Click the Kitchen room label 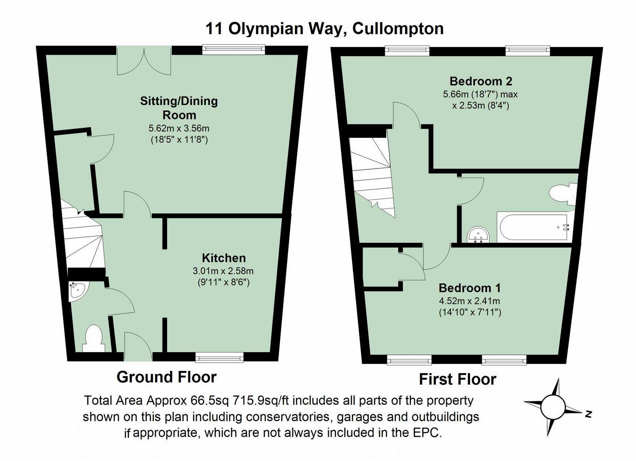pos(224,258)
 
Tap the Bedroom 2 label pos(481,81)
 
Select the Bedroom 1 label pos(470,288)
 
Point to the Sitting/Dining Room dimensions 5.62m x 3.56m pos(179,128)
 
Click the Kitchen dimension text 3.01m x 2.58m pos(223,271)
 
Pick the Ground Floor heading pos(166,377)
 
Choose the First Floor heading pos(457,379)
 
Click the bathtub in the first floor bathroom pos(533,227)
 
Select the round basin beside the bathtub pos(478,235)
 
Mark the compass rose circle pos(553,407)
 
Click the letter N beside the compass pos(588,414)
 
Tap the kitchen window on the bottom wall pos(219,357)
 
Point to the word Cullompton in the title pos(398,29)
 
